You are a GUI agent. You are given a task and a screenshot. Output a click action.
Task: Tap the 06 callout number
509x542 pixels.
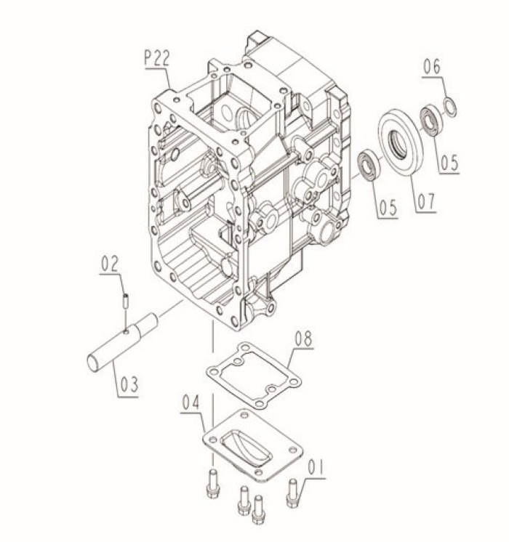click(x=432, y=67)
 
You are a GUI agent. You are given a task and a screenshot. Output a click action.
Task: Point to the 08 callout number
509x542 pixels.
click(x=304, y=338)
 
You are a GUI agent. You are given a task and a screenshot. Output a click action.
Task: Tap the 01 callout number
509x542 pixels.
click(x=315, y=466)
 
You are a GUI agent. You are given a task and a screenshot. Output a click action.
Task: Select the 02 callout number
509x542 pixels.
click(x=110, y=264)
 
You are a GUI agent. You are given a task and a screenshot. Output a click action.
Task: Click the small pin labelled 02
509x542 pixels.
click(x=127, y=297)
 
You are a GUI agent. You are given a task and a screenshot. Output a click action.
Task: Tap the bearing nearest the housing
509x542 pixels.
click(x=368, y=163)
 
